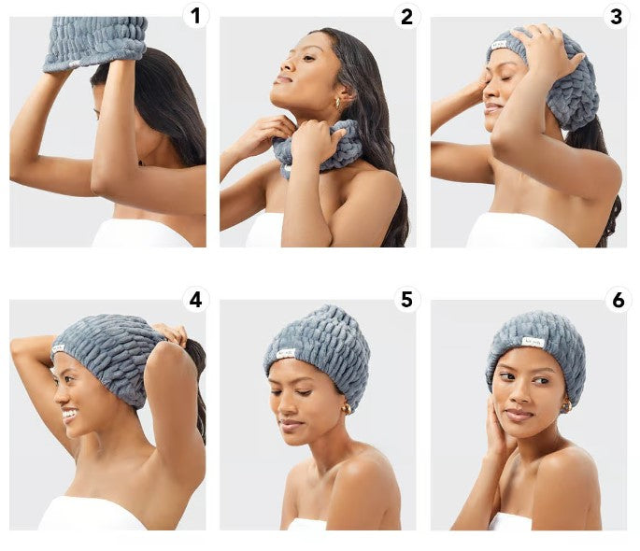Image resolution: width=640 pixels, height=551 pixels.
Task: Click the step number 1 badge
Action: (196, 16)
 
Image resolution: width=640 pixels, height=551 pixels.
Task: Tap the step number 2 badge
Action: (407, 16)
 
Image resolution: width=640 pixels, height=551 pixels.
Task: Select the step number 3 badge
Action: (617, 16)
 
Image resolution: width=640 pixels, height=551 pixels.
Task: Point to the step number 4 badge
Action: (196, 300)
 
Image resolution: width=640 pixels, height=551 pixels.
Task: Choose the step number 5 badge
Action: (407, 300)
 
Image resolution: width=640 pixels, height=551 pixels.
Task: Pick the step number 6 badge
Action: (618, 300)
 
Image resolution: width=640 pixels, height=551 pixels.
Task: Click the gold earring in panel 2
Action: (338, 103)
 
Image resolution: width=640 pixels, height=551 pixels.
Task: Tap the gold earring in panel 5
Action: (346, 409)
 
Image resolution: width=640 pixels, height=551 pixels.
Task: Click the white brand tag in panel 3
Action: (499, 45)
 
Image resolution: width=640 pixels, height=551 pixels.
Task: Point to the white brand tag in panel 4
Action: (58, 349)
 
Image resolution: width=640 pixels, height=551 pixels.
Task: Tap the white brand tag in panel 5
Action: (286, 353)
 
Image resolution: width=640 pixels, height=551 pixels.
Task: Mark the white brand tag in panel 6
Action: (533, 343)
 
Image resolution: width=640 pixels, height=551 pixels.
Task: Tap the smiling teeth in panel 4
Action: (69, 415)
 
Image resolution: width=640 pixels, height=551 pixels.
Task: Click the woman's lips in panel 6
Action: (518, 415)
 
